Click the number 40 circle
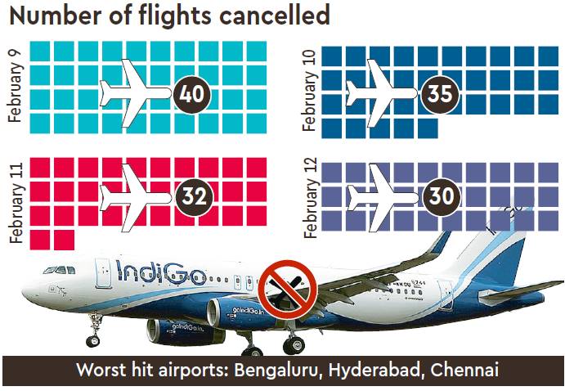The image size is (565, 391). click(194, 94)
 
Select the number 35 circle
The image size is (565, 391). click(439, 94)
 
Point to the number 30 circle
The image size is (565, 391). click(439, 197)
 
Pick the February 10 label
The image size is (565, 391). click(309, 92)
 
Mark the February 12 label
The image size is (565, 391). click(309, 200)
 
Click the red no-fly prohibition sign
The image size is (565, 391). click(282, 287)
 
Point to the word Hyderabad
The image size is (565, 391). click(372, 370)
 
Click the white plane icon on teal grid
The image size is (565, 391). click(135, 92)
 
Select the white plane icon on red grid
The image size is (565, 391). click(135, 196)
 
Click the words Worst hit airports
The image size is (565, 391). click(151, 370)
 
